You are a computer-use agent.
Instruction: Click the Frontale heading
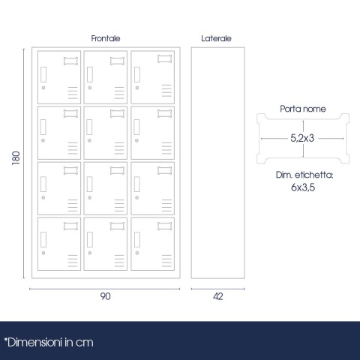[x=106, y=38]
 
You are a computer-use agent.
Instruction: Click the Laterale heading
[x=216, y=38]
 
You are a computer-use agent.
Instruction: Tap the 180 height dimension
[x=16, y=157]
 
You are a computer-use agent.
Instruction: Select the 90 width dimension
[x=105, y=296]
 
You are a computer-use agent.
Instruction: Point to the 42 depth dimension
[x=218, y=296]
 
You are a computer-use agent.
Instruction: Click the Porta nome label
[x=303, y=109]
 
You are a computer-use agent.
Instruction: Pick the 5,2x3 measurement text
[x=302, y=138]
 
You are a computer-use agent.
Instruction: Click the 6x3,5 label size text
[x=303, y=187]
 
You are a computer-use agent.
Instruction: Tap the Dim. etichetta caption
[x=304, y=175]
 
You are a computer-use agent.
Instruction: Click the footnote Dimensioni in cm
[x=49, y=343]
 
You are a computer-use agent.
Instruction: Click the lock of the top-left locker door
[x=43, y=88]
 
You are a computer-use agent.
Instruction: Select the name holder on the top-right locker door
[x=164, y=58]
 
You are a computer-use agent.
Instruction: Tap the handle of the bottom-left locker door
[x=43, y=239]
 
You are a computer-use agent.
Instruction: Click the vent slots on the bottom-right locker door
[x=166, y=261]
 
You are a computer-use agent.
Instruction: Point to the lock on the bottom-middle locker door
[x=90, y=253]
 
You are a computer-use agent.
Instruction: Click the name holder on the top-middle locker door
[x=117, y=61]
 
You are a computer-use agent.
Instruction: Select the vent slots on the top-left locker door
[x=73, y=93]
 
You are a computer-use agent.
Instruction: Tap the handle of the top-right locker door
[x=137, y=74]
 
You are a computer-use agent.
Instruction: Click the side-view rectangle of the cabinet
[x=218, y=163]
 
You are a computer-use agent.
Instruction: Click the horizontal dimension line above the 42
[x=218, y=289]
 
